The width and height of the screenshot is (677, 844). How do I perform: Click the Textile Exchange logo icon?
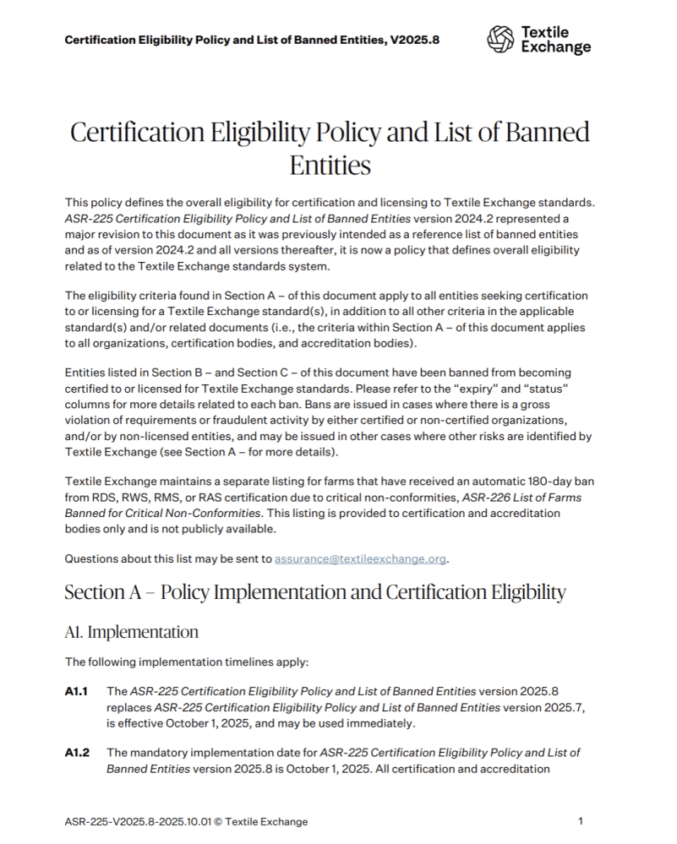[x=500, y=39]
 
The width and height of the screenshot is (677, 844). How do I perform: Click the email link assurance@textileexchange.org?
[x=361, y=558]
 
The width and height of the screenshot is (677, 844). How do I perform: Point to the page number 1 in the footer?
[x=580, y=821]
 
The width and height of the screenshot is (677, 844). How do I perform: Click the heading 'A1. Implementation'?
[x=131, y=632]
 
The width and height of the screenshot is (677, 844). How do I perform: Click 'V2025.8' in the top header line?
[x=414, y=40]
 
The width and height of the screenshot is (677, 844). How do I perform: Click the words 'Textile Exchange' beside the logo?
[x=555, y=40]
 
